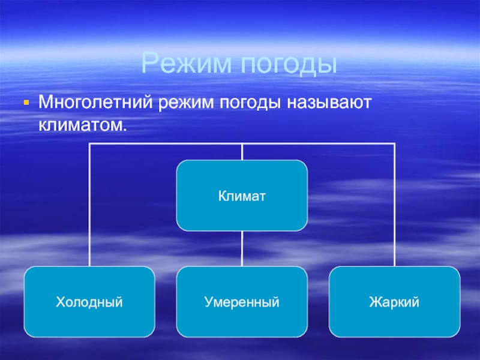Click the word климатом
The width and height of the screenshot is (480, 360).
click(x=83, y=124)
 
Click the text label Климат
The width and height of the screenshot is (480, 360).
click(x=242, y=196)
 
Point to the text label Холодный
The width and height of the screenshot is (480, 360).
click(x=89, y=302)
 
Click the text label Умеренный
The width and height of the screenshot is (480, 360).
click(x=242, y=302)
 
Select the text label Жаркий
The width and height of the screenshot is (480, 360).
click(x=395, y=302)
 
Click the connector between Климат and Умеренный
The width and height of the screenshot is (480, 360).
click(x=242, y=248)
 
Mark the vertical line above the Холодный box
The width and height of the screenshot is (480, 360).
click(x=89, y=204)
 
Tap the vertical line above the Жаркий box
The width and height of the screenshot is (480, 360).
click(x=395, y=204)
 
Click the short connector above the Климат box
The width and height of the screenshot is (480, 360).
click(x=242, y=152)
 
